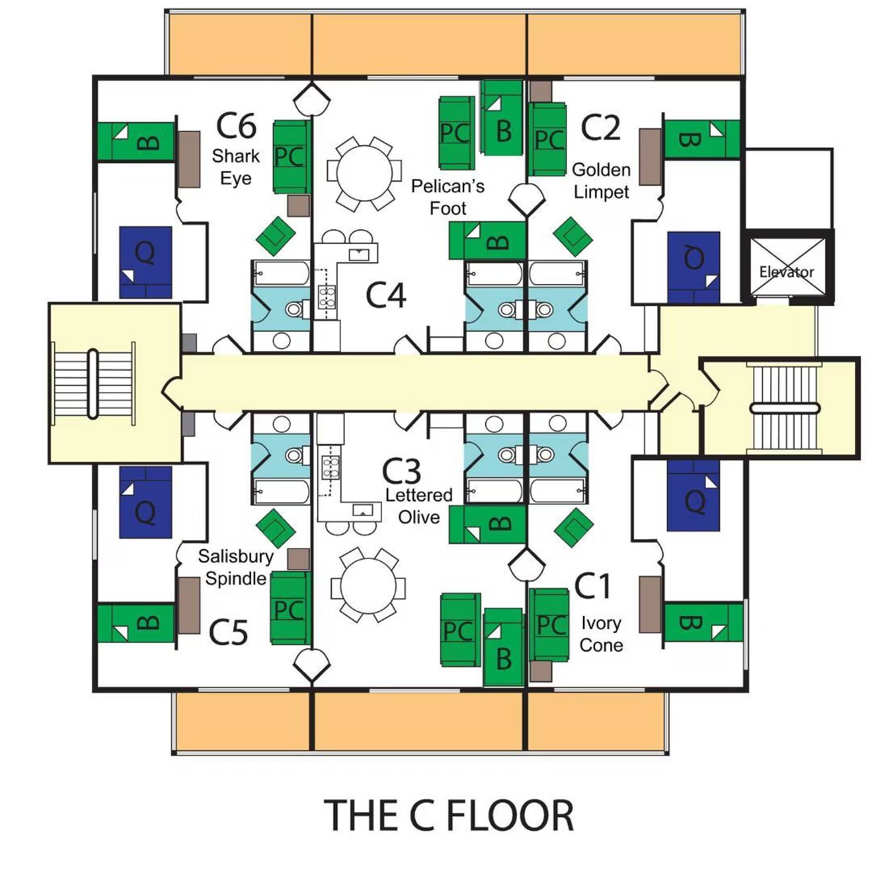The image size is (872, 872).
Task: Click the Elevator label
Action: pos(786,272)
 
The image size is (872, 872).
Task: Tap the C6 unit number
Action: pos(236,126)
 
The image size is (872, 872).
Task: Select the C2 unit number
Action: pos(600,128)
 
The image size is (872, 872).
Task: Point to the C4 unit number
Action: pos(385,295)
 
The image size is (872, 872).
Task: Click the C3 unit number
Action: pos(402,471)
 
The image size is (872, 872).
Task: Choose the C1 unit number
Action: pos(593,586)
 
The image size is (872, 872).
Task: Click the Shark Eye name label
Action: pos(235,167)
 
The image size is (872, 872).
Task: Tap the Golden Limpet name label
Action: pos(601,181)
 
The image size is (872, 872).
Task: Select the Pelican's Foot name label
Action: pos(448,197)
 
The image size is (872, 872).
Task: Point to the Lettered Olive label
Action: pos(419,506)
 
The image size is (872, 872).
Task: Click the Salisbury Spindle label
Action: pos(235,567)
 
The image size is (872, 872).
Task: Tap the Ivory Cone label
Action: pos(601,634)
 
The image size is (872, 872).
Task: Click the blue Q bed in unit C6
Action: pos(145,262)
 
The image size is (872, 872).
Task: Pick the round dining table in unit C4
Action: pos(364,173)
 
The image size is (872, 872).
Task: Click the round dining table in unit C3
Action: pos(368,586)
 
